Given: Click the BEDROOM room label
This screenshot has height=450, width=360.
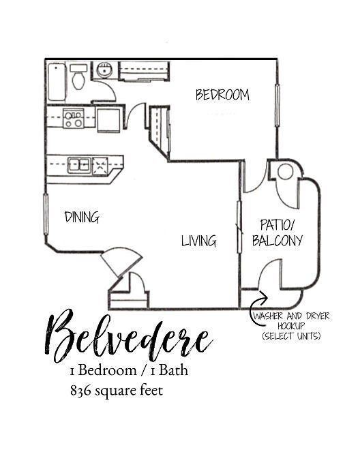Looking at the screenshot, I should pyautogui.click(x=222, y=95).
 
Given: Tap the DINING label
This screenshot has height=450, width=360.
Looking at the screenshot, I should pyautogui.click(x=82, y=217).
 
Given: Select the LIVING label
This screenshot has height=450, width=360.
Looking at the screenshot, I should pyautogui.click(x=198, y=241).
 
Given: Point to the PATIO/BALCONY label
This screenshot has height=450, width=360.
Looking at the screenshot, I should pyautogui.click(x=277, y=232).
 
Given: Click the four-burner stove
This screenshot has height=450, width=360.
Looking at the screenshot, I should pyautogui.click(x=74, y=119).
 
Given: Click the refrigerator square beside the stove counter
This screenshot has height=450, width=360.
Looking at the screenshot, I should pyautogui.click(x=108, y=119).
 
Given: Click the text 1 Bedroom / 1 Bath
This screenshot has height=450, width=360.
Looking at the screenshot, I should pyautogui.click(x=128, y=372).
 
